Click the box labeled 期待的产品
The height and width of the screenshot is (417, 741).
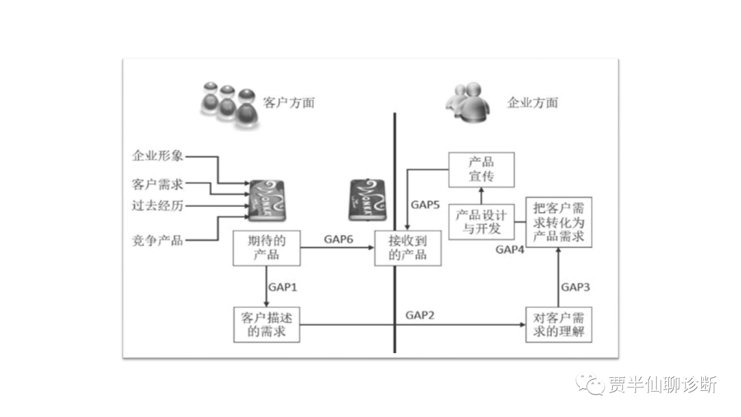point(266,248)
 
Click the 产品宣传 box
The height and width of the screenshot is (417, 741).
point(481,170)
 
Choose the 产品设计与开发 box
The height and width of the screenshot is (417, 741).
point(481,221)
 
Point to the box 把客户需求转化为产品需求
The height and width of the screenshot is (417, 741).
point(558,221)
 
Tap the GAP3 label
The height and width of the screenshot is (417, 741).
point(575,286)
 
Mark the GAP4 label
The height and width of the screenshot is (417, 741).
point(510,249)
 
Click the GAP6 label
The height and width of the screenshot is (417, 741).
point(338,238)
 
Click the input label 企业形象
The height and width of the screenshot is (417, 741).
point(158,156)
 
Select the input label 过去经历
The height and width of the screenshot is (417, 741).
point(158,205)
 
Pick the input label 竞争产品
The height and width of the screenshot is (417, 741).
point(158,240)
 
